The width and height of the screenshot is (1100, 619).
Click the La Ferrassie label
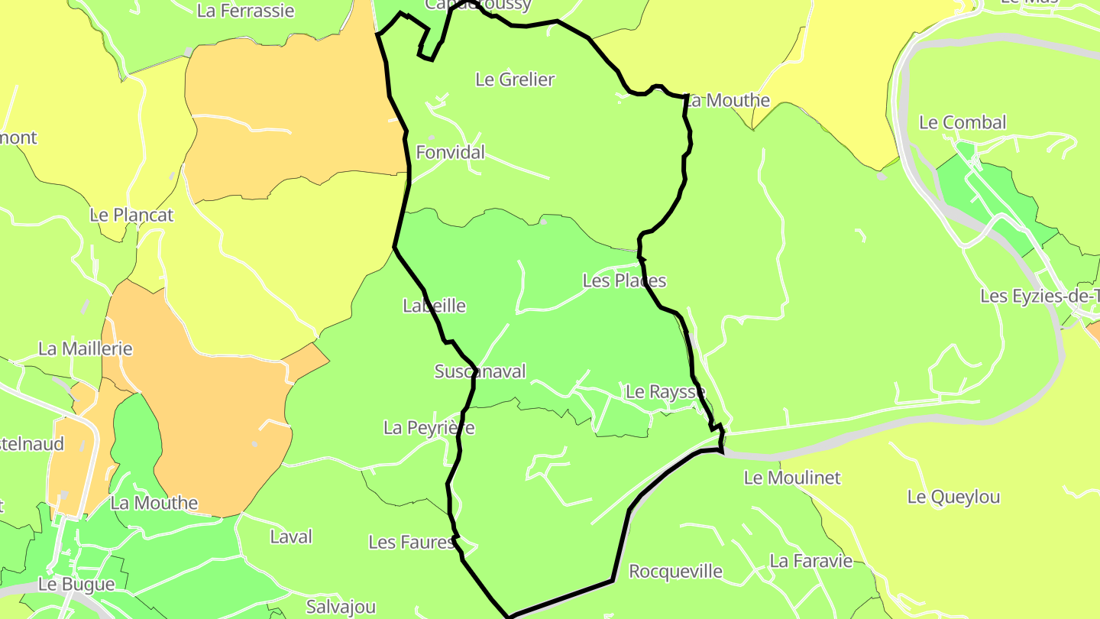tap(245, 11)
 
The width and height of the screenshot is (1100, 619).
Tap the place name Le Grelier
tap(515, 79)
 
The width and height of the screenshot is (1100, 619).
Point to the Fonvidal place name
tap(450, 152)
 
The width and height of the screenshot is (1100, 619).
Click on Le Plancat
tap(131, 215)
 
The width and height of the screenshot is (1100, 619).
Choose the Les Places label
tap(624, 280)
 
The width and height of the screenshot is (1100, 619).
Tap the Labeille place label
tap(434, 306)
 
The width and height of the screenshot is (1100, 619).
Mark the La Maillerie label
tap(85, 348)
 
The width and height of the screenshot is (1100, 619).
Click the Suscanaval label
tap(480, 371)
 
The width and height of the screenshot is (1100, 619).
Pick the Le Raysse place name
tap(665, 392)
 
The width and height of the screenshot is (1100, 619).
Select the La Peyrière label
tap(429, 427)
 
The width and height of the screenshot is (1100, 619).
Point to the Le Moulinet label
tap(791, 478)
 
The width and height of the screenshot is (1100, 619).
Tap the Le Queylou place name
tap(953, 497)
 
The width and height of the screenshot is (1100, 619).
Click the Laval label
tap(291, 536)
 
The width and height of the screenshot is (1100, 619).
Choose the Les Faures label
tap(412, 542)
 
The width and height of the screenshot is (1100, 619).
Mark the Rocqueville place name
tap(675, 571)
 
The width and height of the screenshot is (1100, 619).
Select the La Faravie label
tap(810, 560)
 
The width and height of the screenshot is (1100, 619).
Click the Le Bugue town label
tap(76, 584)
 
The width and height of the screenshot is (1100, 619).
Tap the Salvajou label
tap(341, 607)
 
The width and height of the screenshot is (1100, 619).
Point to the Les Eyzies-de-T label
tap(1040, 296)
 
